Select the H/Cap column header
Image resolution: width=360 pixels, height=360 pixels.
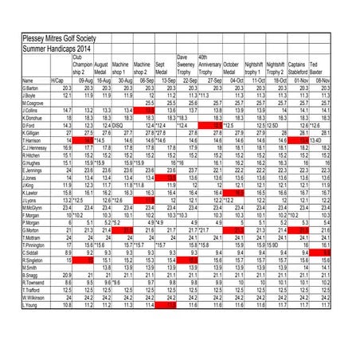(57, 80)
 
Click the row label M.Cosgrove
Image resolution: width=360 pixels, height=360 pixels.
(17, 103)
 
